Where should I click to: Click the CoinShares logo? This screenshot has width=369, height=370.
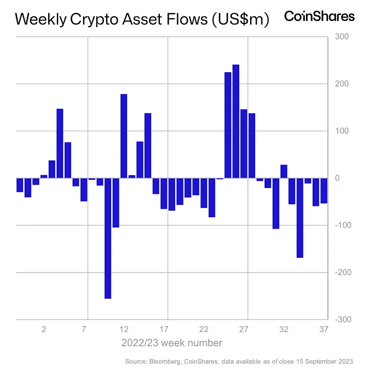[319, 16]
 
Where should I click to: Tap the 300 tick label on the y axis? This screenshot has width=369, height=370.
[341, 37]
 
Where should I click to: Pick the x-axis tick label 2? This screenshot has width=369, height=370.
[44, 329]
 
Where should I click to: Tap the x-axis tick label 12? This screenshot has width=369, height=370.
[124, 329]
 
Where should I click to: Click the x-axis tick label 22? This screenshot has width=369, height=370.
[203, 329]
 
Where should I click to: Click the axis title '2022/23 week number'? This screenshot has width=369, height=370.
[172, 342]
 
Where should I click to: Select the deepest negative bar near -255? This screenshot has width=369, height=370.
[108, 238]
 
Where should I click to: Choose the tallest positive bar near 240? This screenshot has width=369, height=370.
[236, 121]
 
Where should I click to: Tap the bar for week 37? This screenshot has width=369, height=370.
[324, 190]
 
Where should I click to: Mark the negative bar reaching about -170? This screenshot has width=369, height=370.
[300, 218]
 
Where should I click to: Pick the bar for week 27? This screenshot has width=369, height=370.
[244, 143]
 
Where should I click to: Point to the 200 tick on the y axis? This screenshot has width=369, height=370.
[341, 84]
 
